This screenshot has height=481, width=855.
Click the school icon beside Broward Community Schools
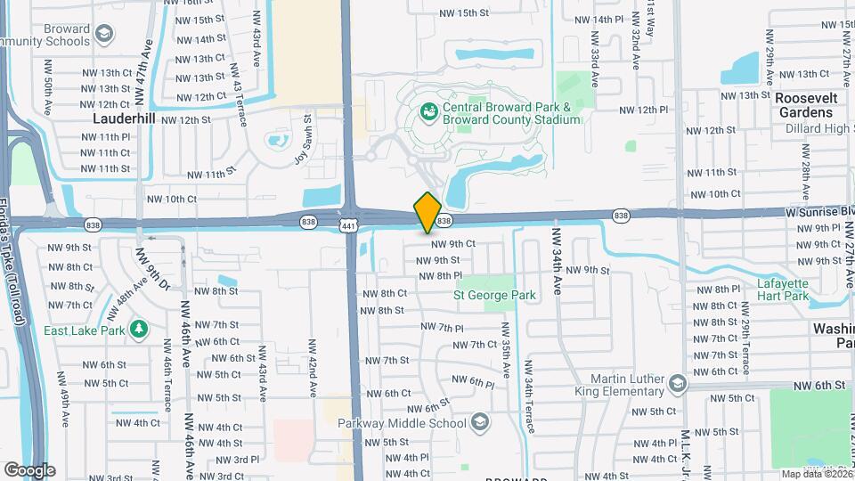pos(105,35)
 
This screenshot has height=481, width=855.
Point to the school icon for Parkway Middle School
pos(480,422)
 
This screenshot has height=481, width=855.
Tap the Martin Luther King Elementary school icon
pos(678,384)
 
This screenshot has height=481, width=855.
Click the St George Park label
pos(494,295)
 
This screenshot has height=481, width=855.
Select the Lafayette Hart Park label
pos(782,289)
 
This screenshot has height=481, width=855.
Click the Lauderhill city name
pos(125,118)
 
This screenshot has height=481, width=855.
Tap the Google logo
pos(29,470)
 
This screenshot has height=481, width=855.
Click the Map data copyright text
pos(814,474)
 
